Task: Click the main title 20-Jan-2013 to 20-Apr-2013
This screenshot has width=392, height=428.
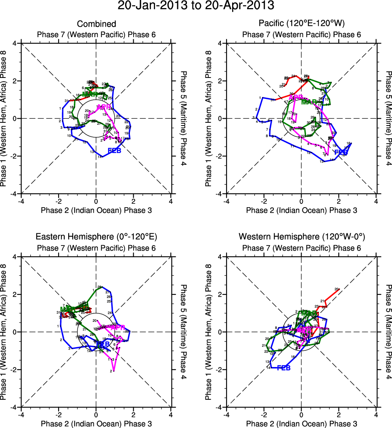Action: [196, 6]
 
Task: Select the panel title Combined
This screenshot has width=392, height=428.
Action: [96, 24]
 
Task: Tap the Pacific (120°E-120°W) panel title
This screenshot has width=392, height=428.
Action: [302, 24]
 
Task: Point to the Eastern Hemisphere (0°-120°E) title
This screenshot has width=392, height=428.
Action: [96, 237]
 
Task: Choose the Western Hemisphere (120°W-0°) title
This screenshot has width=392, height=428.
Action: [302, 237]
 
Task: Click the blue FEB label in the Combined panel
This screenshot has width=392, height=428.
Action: [115, 151]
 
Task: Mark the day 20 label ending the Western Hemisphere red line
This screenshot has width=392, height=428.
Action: [337, 289]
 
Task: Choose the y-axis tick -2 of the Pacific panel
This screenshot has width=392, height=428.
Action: [220, 156]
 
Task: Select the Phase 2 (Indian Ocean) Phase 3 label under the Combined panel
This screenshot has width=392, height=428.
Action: [96, 210]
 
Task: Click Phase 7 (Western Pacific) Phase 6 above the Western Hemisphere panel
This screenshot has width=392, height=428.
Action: [302, 248]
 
